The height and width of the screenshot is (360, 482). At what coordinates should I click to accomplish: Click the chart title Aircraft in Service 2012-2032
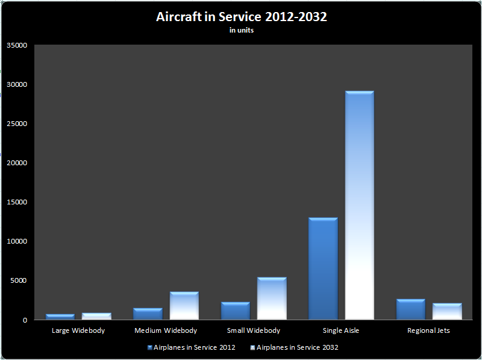pos(241,17)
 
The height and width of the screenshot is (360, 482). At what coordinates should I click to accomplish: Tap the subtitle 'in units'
pos(241,31)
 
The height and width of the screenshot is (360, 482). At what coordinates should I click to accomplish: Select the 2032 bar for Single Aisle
pos(360,205)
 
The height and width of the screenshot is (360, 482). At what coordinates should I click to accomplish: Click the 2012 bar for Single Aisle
pos(323,268)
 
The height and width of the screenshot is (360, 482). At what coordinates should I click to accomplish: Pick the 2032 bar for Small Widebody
pos(272,298)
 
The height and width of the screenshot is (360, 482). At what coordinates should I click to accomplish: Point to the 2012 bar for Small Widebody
pos(235,311)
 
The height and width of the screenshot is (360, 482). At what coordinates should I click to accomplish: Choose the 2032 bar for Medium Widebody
pos(184,306)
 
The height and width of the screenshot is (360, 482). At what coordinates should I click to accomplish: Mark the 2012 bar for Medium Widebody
pos(148,314)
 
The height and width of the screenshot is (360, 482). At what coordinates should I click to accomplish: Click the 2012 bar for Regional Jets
pos(411,309)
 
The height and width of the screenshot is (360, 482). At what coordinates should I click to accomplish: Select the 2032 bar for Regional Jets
pos(447,311)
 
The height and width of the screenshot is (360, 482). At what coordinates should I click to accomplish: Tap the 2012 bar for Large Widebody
pos(60,317)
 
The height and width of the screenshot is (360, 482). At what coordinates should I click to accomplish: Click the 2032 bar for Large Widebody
pos(96,316)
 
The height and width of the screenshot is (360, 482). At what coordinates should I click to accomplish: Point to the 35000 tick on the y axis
pos(17,45)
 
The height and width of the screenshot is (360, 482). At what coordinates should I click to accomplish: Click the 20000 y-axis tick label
pos(17,163)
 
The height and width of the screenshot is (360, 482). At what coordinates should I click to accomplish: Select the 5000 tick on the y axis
pos(19,280)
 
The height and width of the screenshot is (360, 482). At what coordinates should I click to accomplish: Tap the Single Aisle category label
pos(341,330)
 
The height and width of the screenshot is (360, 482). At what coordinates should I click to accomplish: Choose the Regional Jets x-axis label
pos(428,330)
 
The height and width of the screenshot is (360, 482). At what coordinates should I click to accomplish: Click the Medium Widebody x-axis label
pos(166,330)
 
